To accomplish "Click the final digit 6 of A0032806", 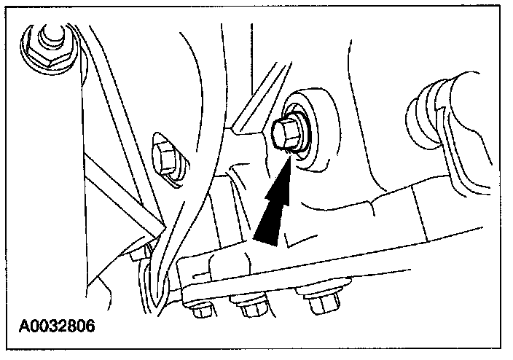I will click(x=90, y=323).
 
